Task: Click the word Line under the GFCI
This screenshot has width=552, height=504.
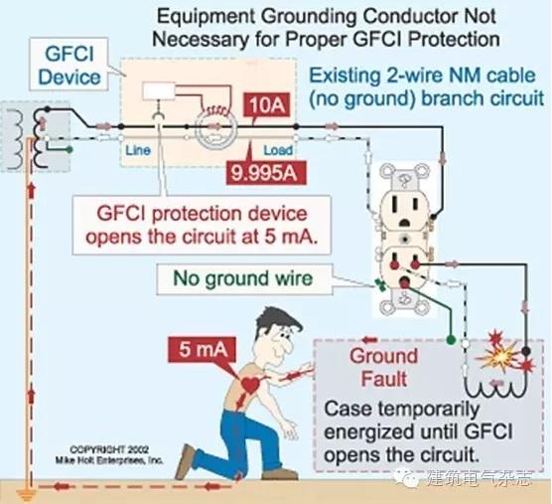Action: pos(137,154)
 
